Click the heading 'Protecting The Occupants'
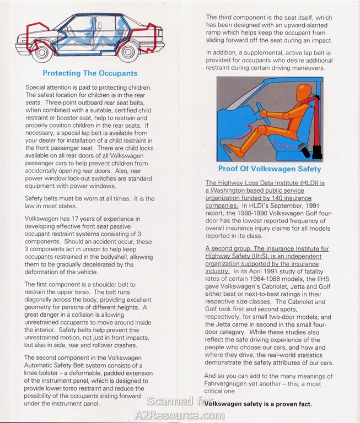[90, 73]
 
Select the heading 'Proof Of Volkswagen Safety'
[270, 169]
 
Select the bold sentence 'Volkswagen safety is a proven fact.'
[257, 404]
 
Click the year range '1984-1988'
[257, 279]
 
